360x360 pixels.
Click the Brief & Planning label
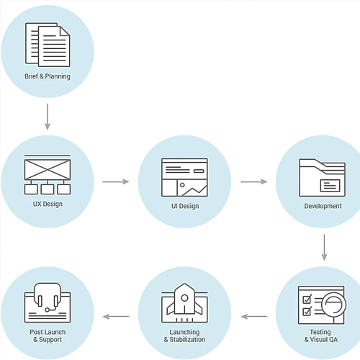point(48,76)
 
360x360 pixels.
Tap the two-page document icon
point(48,45)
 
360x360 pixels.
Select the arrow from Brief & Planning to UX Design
point(48,117)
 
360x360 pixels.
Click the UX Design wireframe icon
point(48,174)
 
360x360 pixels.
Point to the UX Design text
point(48,204)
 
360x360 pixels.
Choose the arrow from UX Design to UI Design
point(116,181)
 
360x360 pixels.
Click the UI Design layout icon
point(184,177)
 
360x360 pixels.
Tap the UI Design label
point(185,206)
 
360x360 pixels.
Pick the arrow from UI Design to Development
point(254,181)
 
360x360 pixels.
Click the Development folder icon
point(323,178)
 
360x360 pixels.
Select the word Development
point(323,206)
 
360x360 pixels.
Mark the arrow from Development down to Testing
point(324,248)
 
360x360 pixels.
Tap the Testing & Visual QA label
point(321,336)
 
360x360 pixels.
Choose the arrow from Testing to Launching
point(254,317)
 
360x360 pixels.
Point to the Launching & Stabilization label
point(184,336)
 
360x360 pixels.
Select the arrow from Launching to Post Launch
point(116,317)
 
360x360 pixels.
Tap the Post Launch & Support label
point(48,336)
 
